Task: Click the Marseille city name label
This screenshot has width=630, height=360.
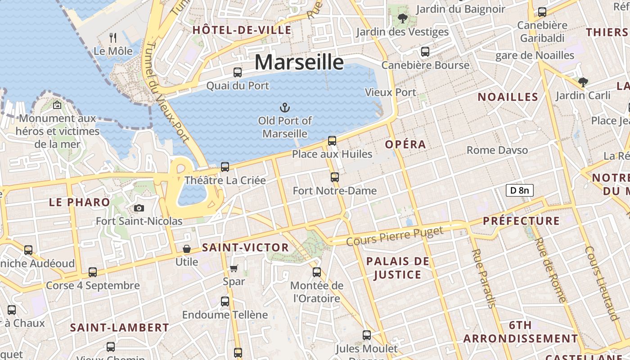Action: pos(299,62)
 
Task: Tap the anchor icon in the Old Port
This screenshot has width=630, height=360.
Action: pos(284,107)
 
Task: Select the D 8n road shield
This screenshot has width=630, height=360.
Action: pos(519,190)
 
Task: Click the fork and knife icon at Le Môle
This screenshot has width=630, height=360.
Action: pos(113,38)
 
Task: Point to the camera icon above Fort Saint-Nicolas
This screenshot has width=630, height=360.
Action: pos(139,208)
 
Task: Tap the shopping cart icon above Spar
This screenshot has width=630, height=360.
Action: pos(234,268)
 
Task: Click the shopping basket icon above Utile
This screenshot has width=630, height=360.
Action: pos(186,249)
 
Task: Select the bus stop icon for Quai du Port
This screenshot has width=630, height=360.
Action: pos(237,72)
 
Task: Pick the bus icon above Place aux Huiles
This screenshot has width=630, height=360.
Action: pos(332,141)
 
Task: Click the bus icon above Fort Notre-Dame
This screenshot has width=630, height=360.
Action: pos(334,177)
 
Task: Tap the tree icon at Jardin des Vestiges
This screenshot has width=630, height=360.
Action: pos(402,18)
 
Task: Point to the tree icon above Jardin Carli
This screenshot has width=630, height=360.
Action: pos(583,82)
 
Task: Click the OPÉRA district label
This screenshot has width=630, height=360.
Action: pos(405,144)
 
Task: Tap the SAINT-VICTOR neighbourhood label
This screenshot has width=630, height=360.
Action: pos(245,247)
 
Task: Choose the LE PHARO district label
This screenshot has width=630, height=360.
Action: pos(79,202)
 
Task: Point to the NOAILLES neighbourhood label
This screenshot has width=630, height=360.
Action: pos(508,97)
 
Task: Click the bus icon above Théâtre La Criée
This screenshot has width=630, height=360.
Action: pos(225,167)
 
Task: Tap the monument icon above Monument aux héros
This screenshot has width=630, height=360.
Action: pos(57,105)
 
